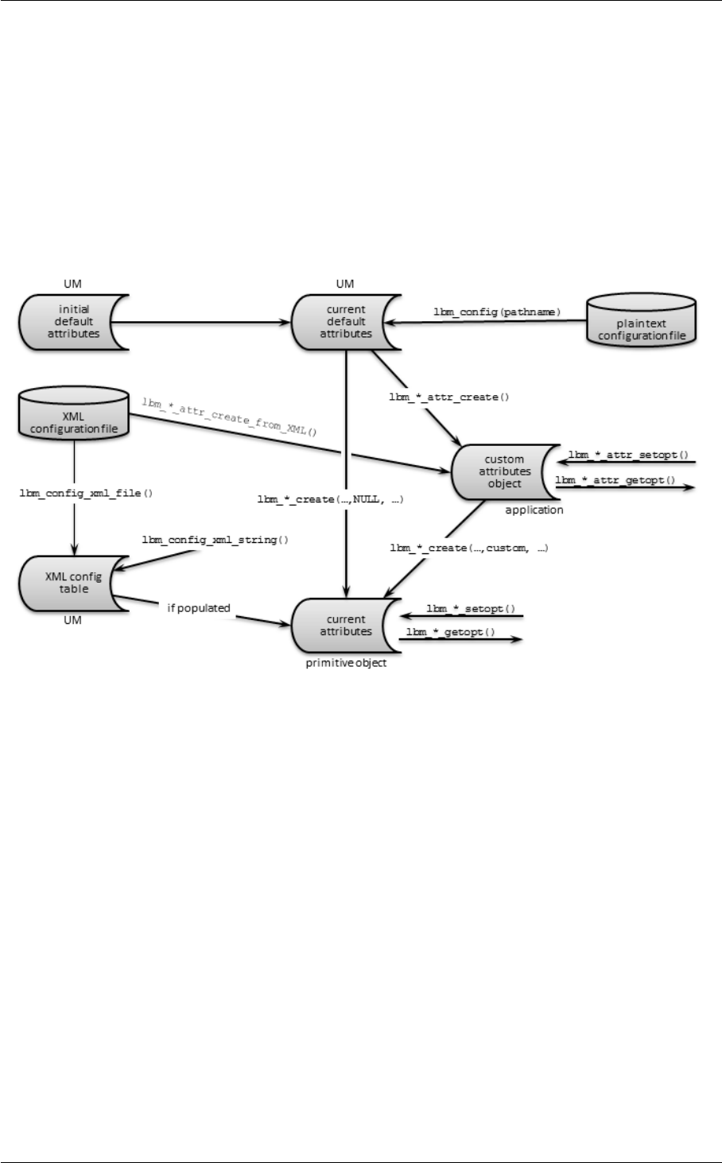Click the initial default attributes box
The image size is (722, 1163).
68,322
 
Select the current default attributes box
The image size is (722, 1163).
345,321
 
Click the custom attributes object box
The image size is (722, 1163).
504,471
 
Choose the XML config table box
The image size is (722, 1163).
67,583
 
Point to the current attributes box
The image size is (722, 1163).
345,625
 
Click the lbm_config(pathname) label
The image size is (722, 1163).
497,312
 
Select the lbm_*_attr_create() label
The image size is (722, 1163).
448,395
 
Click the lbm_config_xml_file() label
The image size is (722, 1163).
86,493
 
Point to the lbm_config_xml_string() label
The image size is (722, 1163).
215,540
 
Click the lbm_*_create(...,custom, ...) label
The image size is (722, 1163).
468,548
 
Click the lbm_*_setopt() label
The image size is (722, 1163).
471,609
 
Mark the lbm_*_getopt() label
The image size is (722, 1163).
451,632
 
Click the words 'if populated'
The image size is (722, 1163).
198,608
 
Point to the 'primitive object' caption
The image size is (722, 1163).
346,662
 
